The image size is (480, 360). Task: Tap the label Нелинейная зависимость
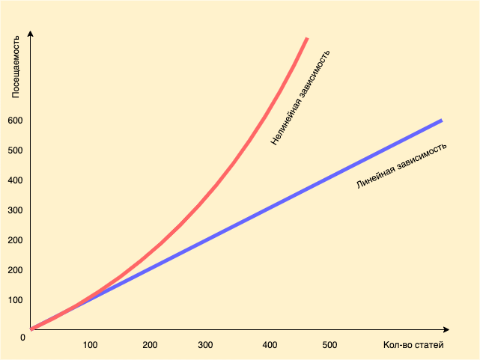[300, 97]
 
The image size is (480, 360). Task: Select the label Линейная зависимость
[401, 165]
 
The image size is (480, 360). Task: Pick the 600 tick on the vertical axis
[16, 120]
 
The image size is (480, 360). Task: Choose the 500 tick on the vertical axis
[16, 150]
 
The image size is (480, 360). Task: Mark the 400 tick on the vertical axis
[16, 180]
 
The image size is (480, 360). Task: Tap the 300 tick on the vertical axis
[16, 210]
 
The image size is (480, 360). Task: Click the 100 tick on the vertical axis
[16, 300]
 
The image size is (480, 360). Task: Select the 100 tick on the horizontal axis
[90, 345]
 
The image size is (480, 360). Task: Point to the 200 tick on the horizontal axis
[150, 345]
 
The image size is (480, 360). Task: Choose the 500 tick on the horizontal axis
[329, 345]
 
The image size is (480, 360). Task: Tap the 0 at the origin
[23, 338]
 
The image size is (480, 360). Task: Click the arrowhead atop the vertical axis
[31, 34]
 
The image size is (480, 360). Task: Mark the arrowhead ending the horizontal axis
[446, 329]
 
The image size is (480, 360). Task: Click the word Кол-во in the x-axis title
[397, 345]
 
